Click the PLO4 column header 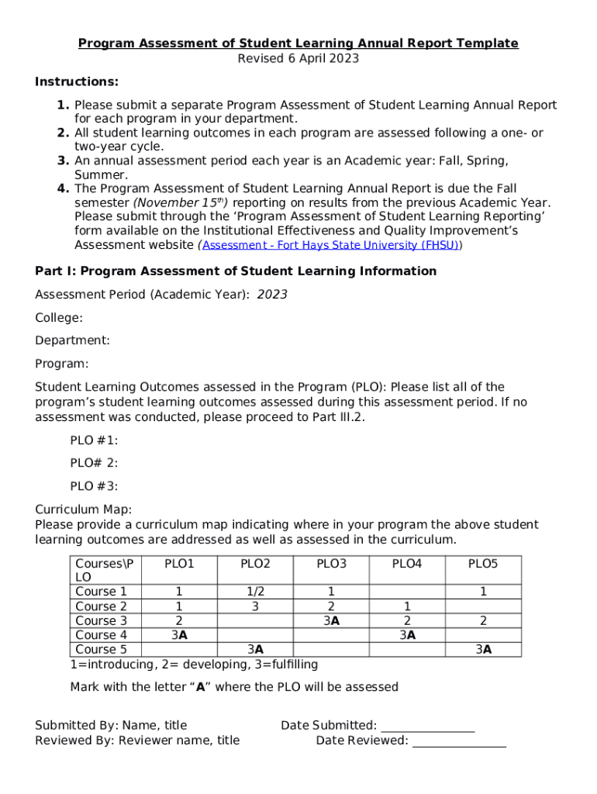coord(406,564)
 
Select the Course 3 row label coord(102,620)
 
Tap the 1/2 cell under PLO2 coord(255,592)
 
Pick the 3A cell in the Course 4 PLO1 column coord(179,635)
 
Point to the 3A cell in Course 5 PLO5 coord(483,650)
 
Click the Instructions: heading coord(77,82)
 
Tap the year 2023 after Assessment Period coord(272,295)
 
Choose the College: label coord(59,318)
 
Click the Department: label coord(72,340)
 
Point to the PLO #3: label coord(94,486)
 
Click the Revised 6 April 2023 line coord(298,58)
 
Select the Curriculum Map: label coord(84,509)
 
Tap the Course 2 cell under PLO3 coord(331,606)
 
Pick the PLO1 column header coord(179,564)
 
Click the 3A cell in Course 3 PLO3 coord(331,620)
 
